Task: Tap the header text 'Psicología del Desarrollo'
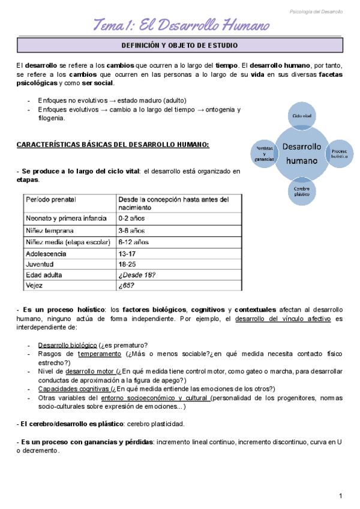tap(316, 11)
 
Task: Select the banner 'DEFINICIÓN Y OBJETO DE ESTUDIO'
tap(180, 46)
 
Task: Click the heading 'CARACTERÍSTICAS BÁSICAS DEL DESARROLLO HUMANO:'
tap(113, 145)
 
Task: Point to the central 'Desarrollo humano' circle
tap(301, 153)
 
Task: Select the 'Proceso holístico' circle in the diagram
tap(339, 154)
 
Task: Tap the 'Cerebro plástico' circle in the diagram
tap(301, 191)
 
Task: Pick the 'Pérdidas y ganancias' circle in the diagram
tap(264, 154)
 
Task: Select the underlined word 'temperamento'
tap(89, 354)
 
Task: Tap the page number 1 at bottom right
tap(340, 495)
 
